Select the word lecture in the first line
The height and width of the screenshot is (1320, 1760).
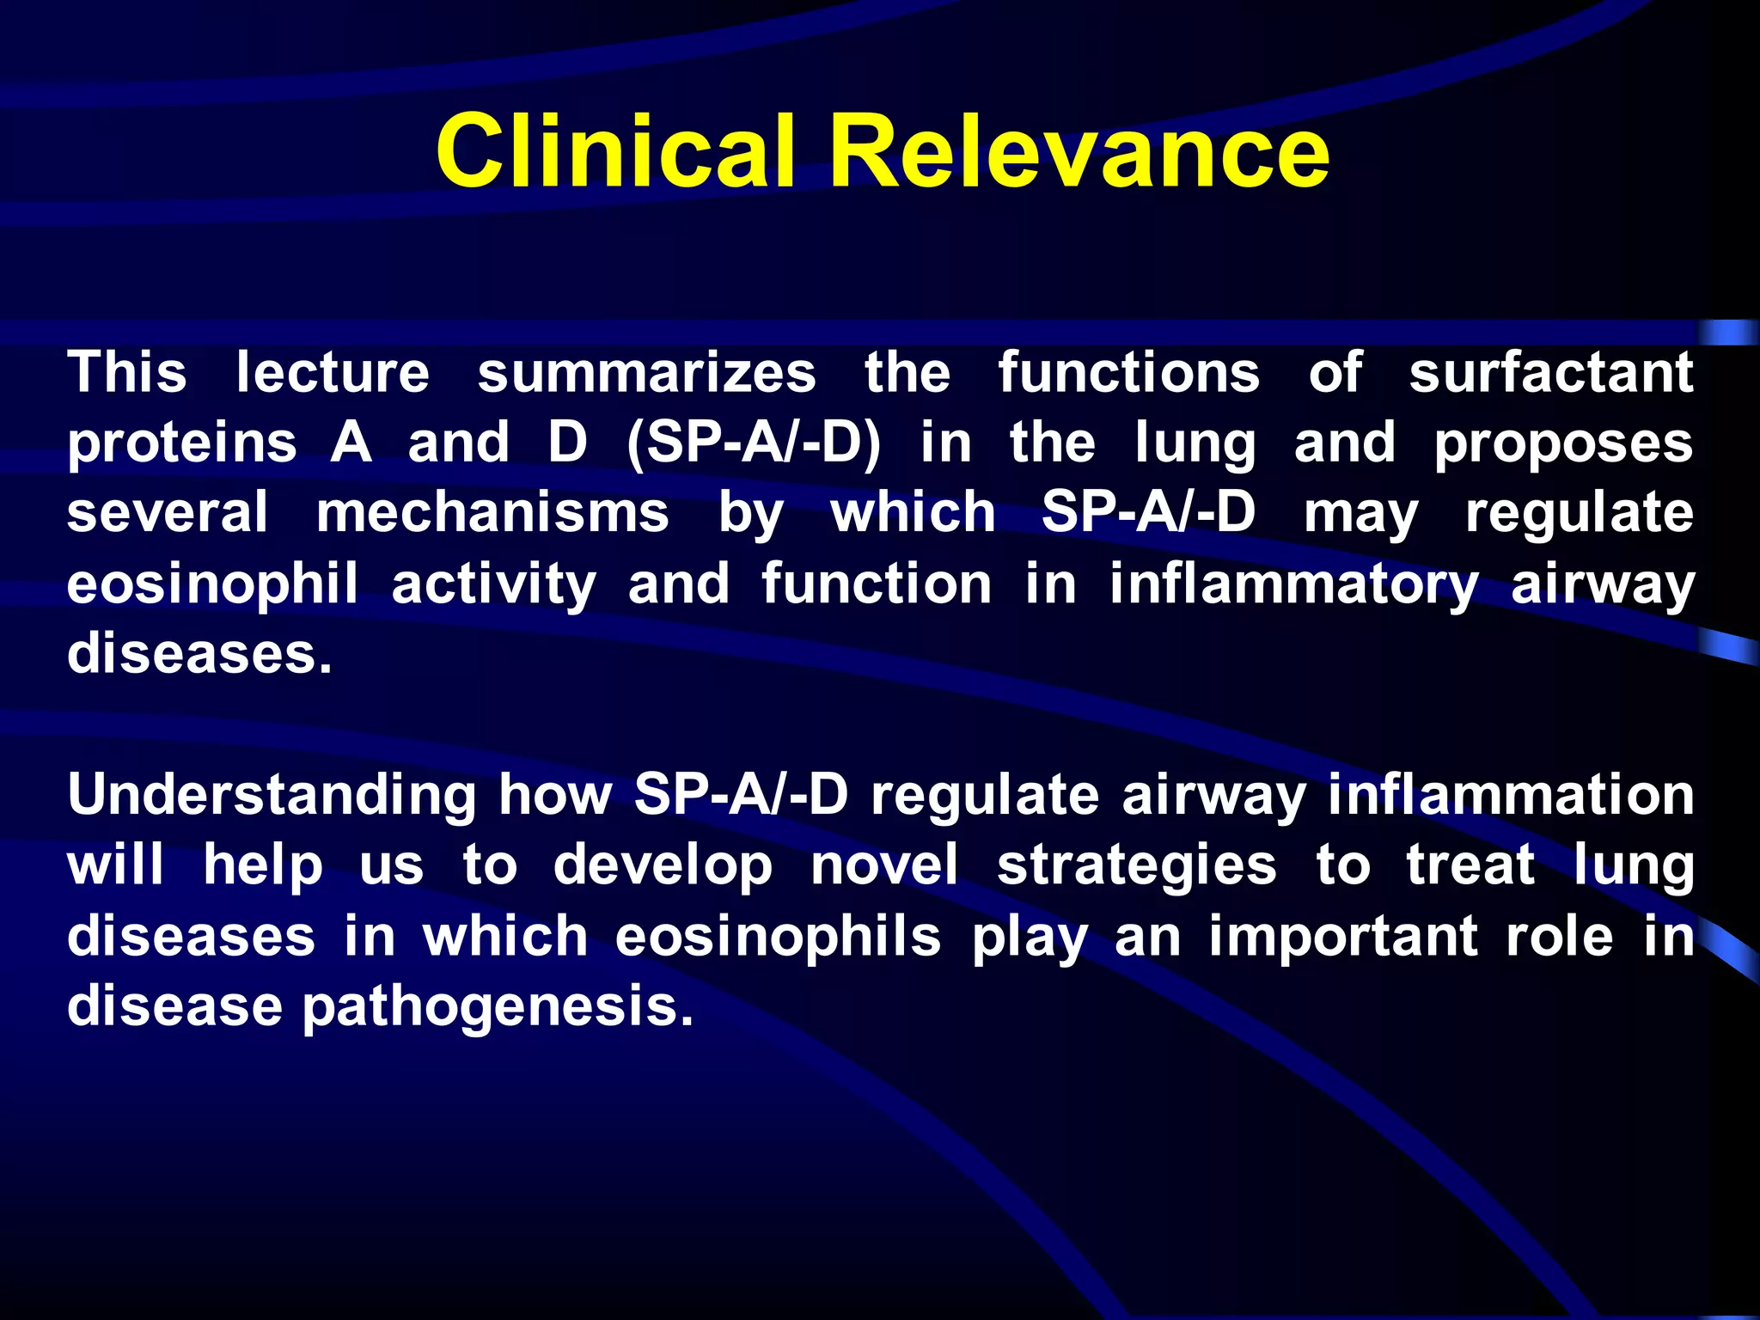point(333,373)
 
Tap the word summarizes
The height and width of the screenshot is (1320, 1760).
point(646,373)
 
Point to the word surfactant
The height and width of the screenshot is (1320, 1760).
point(1550,373)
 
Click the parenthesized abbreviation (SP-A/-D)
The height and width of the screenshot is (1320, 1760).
point(754,443)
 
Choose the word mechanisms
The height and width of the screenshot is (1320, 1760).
point(492,513)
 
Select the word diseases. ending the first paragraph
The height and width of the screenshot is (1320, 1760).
point(199,654)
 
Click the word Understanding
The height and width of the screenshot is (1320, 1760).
point(272,795)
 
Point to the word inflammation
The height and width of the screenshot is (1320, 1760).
point(1511,795)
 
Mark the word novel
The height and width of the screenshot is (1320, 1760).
point(884,865)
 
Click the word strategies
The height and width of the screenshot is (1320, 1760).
point(1136,866)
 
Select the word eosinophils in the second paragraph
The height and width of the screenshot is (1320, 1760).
point(778,937)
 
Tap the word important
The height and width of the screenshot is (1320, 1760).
point(1342,937)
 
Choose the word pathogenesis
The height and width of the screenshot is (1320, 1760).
point(498,1007)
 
